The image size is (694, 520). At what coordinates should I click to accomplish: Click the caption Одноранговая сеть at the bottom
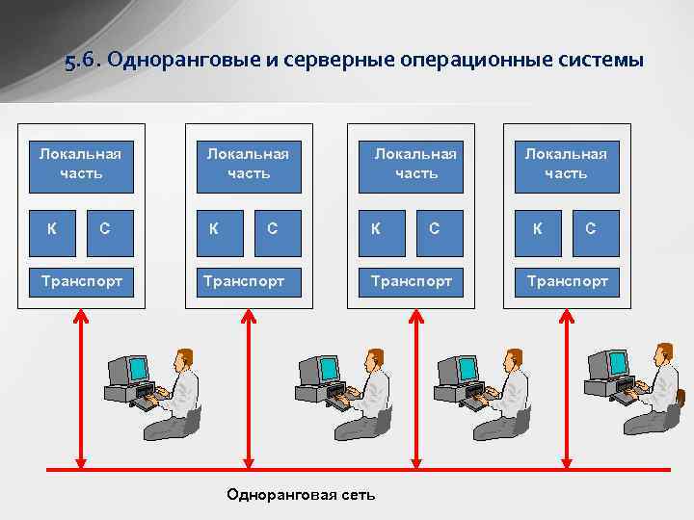(x=301, y=494)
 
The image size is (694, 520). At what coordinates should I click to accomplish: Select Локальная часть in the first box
(x=81, y=163)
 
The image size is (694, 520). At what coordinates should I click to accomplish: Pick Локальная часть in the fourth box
(x=566, y=163)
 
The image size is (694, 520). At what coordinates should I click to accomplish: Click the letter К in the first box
(x=52, y=228)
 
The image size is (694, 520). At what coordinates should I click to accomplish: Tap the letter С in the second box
(x=273, y=228)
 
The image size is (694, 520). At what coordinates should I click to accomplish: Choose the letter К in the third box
(x=375, y=228)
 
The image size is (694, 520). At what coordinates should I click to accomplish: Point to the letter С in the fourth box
(x=590, y=228)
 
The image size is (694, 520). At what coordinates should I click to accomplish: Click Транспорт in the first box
(x=81, y=281)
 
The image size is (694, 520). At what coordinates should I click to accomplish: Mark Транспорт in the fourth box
(x=567, y=281)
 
